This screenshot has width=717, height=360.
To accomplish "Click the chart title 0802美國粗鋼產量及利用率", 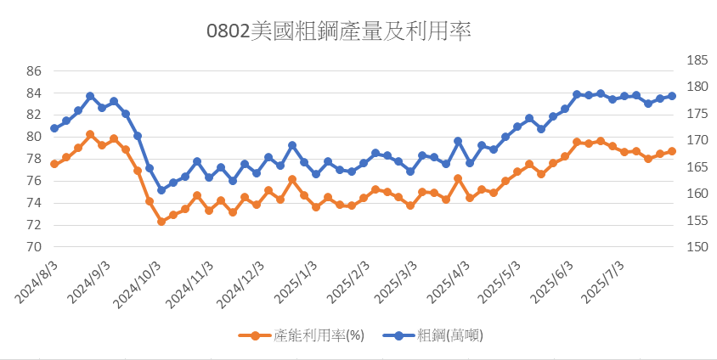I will [339, 31].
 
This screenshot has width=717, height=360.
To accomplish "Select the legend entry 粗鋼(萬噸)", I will [450, 335].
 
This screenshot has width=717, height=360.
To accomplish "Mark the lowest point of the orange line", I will [161, 222].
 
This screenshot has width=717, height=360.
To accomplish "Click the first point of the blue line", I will [54, 128].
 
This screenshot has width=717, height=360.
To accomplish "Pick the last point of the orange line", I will [672, 151].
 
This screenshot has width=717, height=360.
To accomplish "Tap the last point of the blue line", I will [672, 96].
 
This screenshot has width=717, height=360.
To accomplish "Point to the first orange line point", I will [54, 164].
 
